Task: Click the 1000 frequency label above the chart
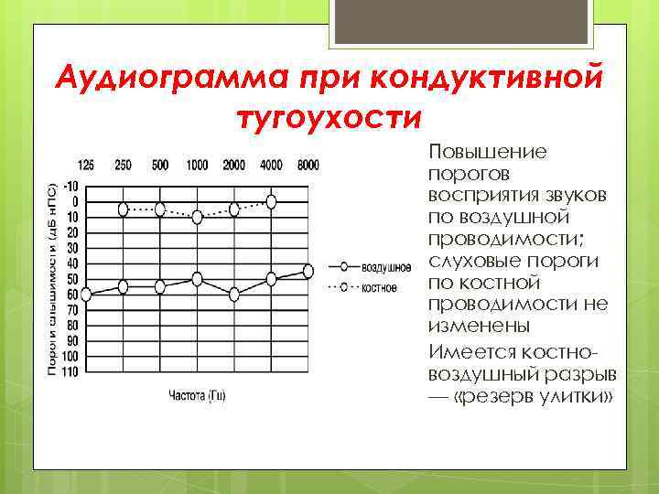coord(197,165)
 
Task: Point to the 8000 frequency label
coord(308,165)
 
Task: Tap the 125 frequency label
coord(86,165)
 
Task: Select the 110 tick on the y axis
coord(69,370)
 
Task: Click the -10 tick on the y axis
coord(70,186)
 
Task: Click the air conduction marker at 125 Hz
coord(86,295)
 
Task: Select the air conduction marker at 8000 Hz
coord(308,271)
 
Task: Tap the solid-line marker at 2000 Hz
coord(234,295)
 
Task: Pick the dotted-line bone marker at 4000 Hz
coord(271,201)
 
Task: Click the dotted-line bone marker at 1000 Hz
coord(197,217)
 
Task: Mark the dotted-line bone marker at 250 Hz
coord(124,209)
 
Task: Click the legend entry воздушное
coord(385,267)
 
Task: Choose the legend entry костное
coord(379,287)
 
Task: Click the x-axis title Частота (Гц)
coord(197,395)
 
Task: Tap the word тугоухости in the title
coord(329,119)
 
